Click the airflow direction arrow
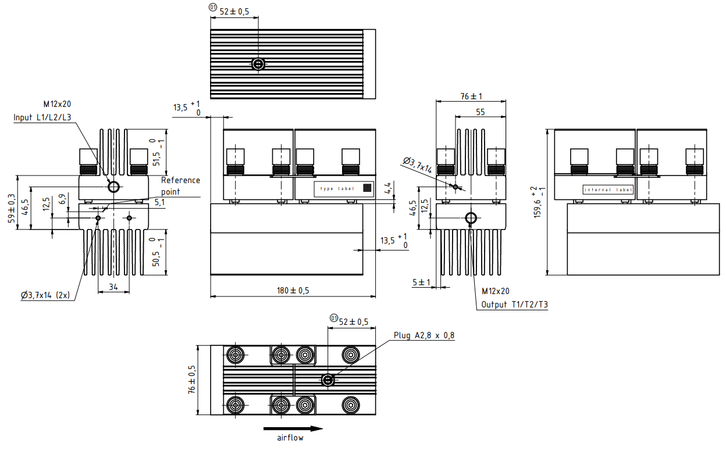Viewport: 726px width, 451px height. point(293,429)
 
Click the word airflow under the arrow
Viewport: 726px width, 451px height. point(290,438)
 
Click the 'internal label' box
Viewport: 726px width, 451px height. point(607,189)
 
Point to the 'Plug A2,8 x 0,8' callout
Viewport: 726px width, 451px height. point(424,335)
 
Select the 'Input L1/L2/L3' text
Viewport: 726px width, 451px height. point(42,117)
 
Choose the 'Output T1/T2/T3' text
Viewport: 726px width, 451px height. point(514,305)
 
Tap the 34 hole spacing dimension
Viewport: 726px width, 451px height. point(113,286)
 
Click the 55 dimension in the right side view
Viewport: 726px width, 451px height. point(480,112)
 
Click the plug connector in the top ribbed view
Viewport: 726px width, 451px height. point(258,64)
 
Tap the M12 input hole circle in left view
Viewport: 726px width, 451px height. point(113,187)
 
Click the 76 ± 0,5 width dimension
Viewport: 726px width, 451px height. point(191,380)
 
